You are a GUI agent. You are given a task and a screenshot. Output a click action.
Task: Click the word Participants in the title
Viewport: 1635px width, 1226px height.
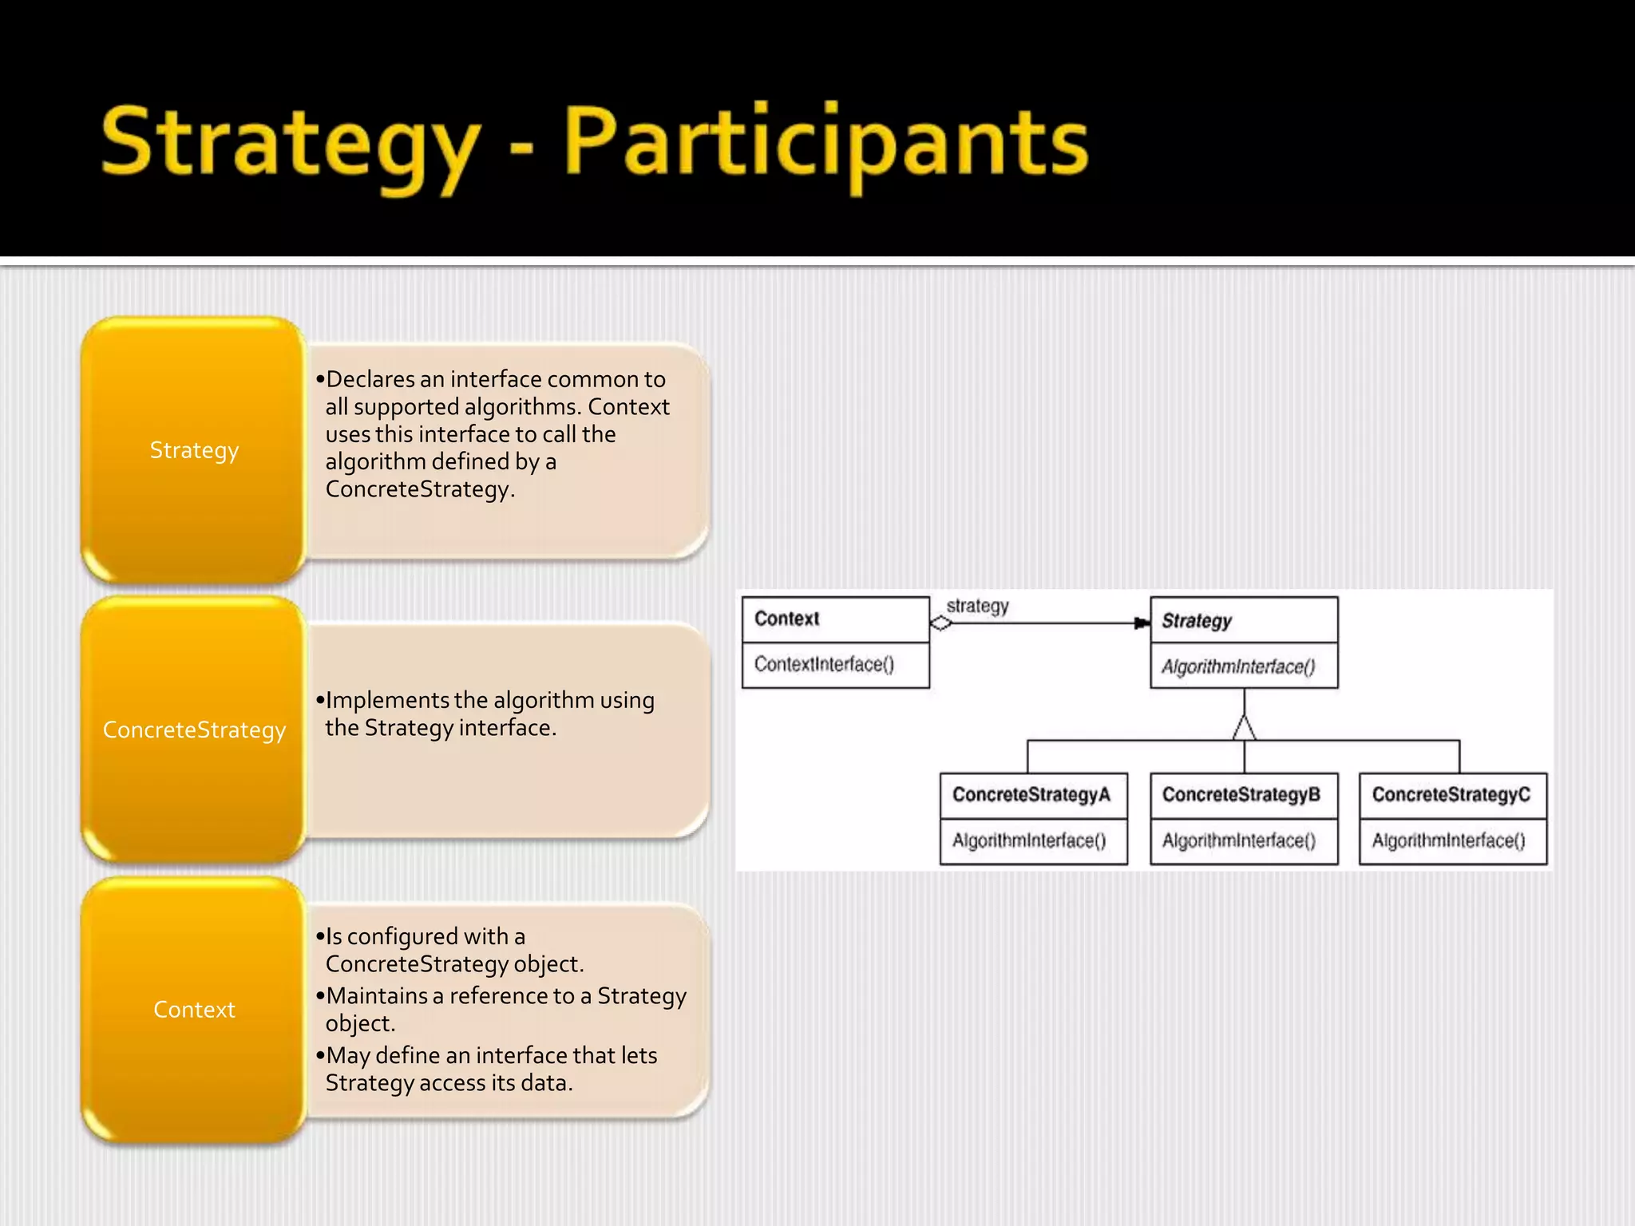pos(825,144)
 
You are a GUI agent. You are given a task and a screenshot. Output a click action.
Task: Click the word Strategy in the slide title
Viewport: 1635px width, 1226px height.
pos(291,144)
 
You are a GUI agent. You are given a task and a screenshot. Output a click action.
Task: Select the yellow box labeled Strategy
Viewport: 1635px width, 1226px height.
pos(194,450)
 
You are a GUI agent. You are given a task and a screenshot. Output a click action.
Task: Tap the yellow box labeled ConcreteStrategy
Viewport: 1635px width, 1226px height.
pos(194,730)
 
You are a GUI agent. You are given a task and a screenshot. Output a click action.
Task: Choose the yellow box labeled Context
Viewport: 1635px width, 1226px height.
pos(194,1010)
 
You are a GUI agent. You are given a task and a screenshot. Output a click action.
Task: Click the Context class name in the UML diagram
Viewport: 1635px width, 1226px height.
pos(787,619)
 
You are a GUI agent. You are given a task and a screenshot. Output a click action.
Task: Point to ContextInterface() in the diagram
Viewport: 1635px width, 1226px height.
pos(824,664)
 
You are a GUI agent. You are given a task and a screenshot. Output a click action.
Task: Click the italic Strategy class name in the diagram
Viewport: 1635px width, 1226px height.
pos(1197,621)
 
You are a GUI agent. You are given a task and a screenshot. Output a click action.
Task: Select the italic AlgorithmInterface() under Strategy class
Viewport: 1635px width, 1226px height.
pos(1238,666)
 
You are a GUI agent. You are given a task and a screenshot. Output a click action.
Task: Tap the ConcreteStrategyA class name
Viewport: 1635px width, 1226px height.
pos(1031,795)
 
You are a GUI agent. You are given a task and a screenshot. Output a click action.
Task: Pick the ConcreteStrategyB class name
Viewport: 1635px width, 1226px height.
pos(1241,795)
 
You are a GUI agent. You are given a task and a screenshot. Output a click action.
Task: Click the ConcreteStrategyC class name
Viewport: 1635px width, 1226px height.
pos(1451,795)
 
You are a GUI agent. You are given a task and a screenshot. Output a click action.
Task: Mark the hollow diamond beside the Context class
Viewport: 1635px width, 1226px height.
pos(941,623)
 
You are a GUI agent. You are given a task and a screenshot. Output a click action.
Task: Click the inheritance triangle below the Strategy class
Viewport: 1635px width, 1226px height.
pos(1244,727)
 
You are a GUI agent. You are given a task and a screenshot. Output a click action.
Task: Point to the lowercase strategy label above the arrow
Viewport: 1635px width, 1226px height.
pos(977,606)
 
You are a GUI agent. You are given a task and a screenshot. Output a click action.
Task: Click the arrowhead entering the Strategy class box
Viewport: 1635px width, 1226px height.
pos(1142,623)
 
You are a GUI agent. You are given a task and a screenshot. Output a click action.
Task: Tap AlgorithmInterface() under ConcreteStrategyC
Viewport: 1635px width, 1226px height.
pos(1448,840)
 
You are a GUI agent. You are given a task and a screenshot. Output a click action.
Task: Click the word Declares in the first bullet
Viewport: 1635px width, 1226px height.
pos(370,379)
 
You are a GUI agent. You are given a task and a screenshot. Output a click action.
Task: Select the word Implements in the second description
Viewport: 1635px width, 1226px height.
pos(388,701)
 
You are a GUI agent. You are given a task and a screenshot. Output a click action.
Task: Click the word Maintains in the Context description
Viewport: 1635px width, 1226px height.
pos(377,996)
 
